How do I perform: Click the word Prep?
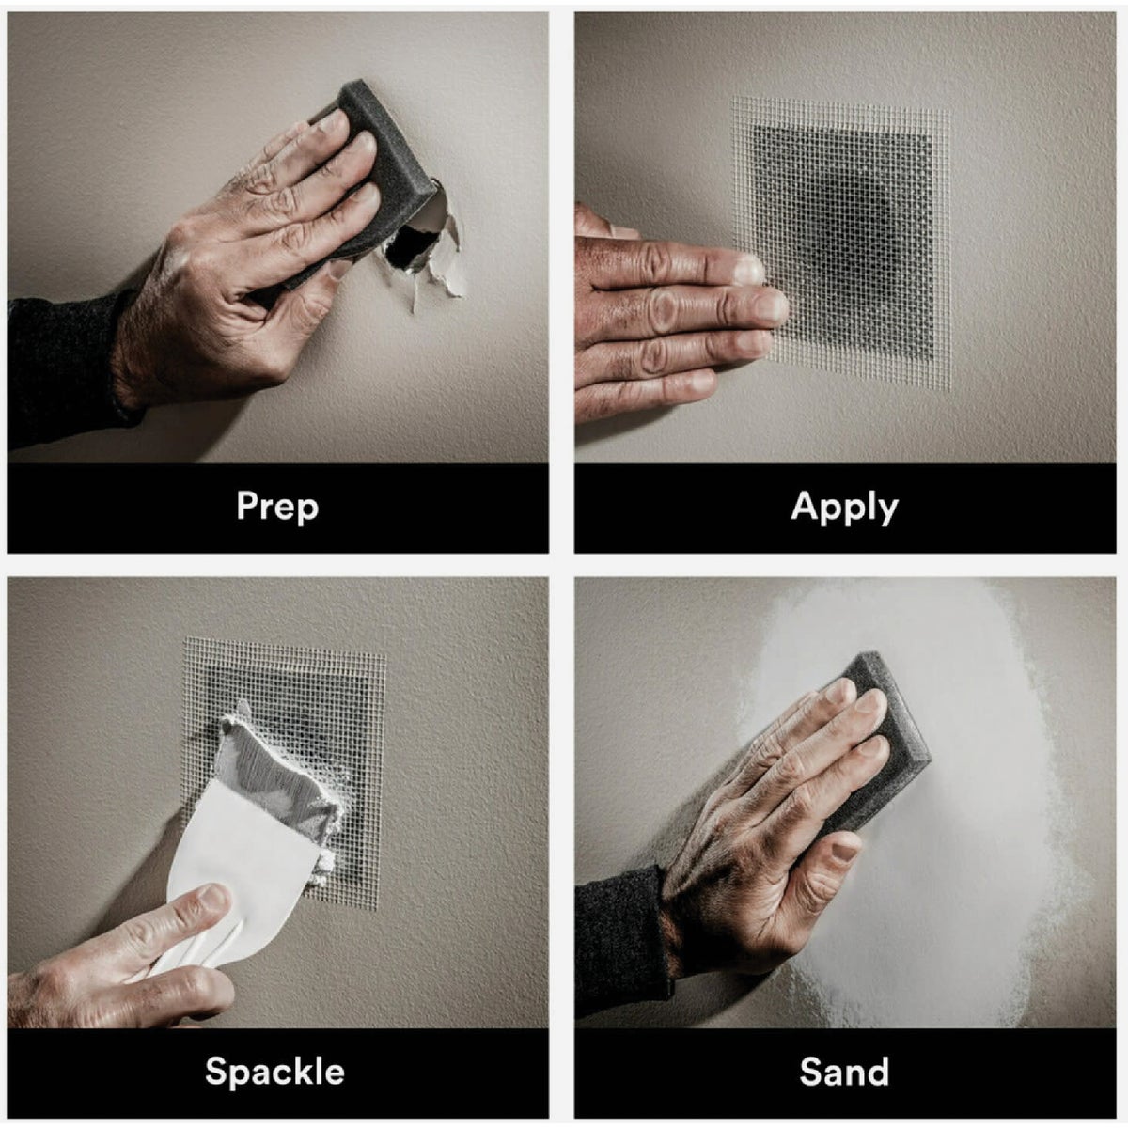pyautogui.click(x=277, y=507)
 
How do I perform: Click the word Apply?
pyautogui.click(x=844, y=507)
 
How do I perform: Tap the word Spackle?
pyautogui.click(x=274, y=1071)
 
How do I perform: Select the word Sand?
pyautogui.click(x=844, y=1071)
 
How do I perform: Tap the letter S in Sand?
pyautogui.click(x=810, y=1071)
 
